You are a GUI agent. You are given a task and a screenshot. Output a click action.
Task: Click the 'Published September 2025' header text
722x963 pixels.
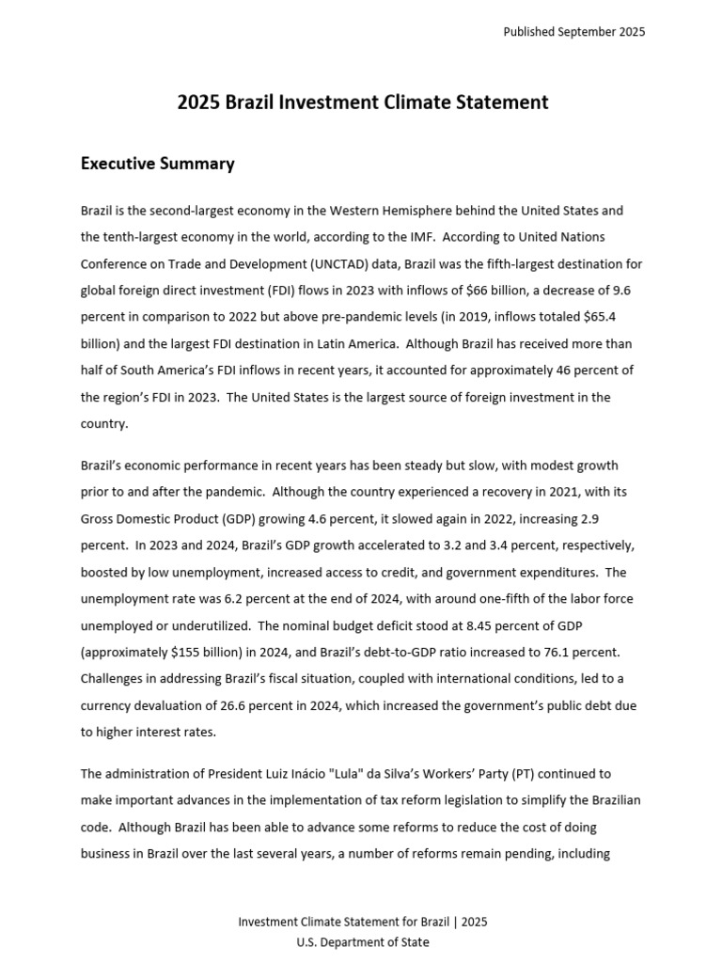[x=573, y=32]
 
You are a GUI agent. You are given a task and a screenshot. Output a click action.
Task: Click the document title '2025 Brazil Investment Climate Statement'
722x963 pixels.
[x=362, y=103]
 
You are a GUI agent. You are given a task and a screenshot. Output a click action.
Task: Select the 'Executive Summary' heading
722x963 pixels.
[x=157, y=164]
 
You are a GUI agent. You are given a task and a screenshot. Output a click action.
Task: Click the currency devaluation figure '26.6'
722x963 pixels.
[x=258, y=705]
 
